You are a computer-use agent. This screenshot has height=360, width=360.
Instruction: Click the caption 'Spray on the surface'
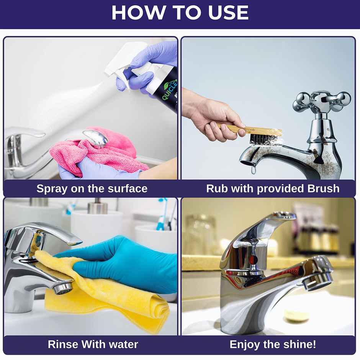click(x=92, y=188)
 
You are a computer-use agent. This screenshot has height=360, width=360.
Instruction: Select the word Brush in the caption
click(x=323, y=188)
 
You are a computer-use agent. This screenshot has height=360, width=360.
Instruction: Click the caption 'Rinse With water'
click(x=93, y=344)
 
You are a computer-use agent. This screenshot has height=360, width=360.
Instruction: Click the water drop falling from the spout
click(x=253, y=169)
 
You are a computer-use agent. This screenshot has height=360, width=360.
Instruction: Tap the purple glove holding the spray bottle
click(x=153, y=65)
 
